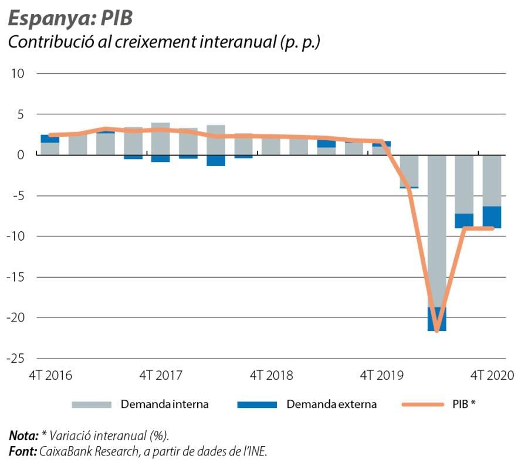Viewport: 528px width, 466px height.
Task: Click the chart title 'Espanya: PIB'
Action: (70, 18)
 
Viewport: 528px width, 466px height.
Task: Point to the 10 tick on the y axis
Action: (17, 73)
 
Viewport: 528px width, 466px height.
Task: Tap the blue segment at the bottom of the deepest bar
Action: (436, 319)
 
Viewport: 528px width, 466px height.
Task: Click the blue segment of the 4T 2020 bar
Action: (492, 217)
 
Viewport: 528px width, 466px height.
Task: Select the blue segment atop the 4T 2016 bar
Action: (49, 139)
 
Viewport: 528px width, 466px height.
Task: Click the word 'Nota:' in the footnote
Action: (23, 435)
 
